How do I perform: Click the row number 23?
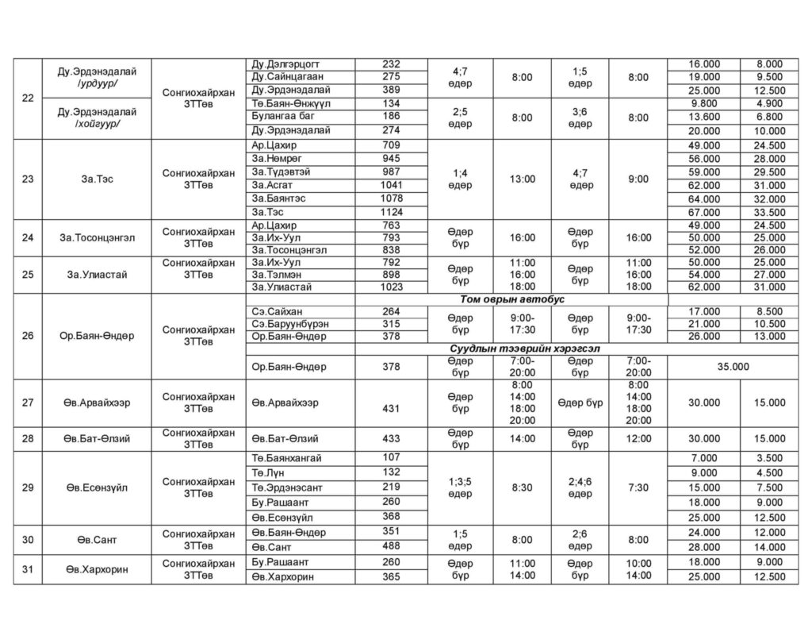click(28, 179)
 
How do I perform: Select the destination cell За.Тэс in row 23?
click(98, 179)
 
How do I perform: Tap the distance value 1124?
click(392, 212)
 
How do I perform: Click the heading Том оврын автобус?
click(511, 299)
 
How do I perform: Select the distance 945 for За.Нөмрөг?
click(392, 159)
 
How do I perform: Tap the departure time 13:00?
click(522, 179)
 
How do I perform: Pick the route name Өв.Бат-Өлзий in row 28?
click(98, 438)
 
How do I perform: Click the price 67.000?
click(704, 212)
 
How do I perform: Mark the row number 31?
click(28, 569)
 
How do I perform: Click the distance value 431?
click(392, 408)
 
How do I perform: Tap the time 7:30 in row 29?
click(638, 487)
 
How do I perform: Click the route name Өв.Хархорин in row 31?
click(98, 569)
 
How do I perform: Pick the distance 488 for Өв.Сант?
click(392, 547)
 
